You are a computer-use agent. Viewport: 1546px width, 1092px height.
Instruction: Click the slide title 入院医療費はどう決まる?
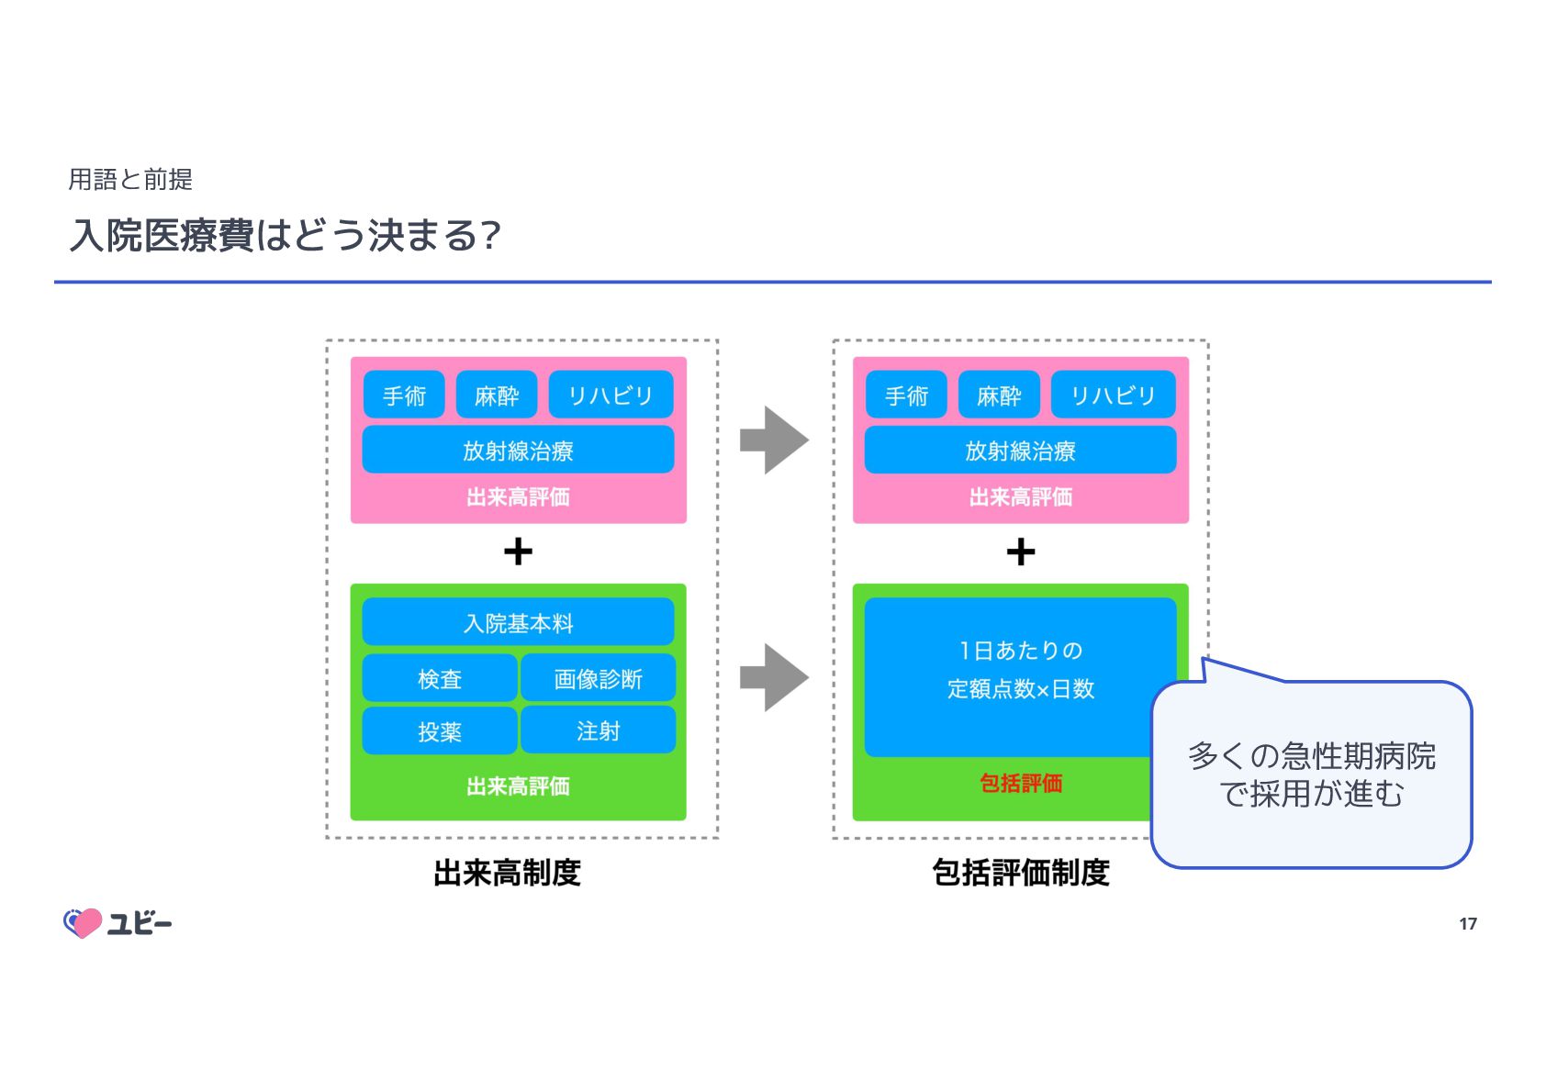(285, 236)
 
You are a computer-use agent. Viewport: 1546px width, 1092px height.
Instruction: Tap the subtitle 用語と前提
(130, 180)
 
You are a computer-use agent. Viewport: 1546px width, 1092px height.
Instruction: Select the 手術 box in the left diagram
(404, 396)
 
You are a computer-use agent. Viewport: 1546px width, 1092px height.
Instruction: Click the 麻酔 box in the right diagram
(999, 396)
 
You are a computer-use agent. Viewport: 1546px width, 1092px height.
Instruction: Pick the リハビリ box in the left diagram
(611, 396)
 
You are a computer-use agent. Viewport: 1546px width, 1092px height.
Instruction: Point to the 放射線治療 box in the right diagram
(1020, 450)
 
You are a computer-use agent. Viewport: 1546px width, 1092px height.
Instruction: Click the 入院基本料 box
(518, 623)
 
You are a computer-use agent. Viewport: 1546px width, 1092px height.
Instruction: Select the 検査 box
(440, 678)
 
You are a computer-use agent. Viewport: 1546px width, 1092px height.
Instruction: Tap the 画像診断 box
(598, 678)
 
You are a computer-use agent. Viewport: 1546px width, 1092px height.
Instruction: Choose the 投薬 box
(440, 731)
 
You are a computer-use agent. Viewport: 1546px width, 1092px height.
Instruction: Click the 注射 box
(598, 731)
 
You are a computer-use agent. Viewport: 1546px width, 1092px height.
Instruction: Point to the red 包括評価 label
(1020, 783)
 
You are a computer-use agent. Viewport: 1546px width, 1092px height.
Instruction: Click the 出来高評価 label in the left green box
(518, 786)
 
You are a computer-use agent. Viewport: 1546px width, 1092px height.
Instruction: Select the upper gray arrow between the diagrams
(774, 440)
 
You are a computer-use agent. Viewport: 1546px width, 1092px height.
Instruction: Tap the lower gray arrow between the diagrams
(774, 678)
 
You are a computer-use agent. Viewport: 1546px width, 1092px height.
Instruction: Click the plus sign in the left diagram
(518, 552)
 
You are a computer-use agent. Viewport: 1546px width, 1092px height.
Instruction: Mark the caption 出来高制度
(507, 873)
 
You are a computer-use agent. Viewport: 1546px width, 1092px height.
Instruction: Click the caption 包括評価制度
(1020, 873)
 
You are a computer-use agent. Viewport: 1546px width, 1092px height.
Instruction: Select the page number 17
(1467, 924)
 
